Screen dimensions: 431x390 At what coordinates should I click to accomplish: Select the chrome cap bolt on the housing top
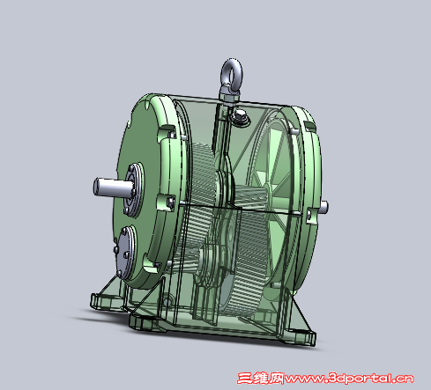pos(240,116)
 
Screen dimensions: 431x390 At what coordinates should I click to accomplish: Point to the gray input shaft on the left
pos(113,188)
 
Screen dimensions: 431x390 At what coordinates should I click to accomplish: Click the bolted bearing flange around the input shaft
pos(135,189)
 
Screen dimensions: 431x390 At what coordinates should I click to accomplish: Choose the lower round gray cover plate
pos(126,252)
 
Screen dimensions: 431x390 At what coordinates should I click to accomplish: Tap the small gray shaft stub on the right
pos(323,207)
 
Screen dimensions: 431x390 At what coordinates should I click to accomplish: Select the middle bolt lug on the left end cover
pos(166,202)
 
